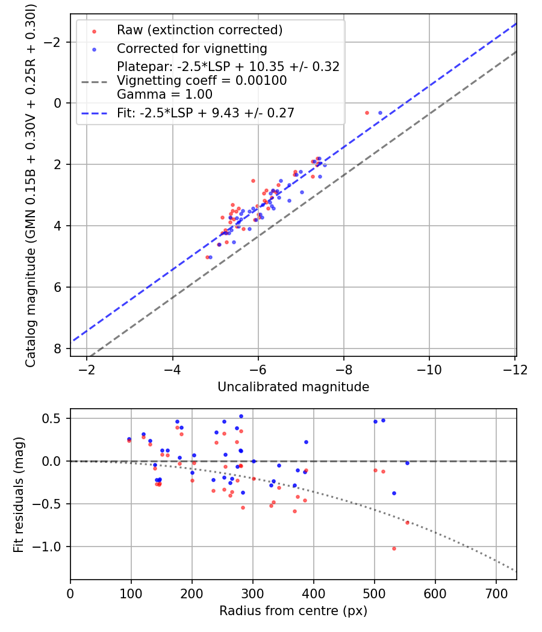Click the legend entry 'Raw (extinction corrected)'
(x=199, y=30)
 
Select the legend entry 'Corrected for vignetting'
(x=192, y=48)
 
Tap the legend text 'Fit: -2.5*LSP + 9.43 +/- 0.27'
(x=205, y=113)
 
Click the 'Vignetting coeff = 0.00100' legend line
(x=202, y=81)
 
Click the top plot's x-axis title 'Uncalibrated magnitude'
(x=293, y=387)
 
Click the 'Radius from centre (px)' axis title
(x=293, y=611)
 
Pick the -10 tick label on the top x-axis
(x=429, y=369)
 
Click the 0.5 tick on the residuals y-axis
(x=52, y=418)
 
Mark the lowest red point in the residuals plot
(x=394, y=548)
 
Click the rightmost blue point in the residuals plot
(x=407, y=463)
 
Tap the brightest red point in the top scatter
(x=367, y=113)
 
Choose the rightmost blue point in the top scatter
(x=380, y=113)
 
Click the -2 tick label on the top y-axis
(x=56, y=42)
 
